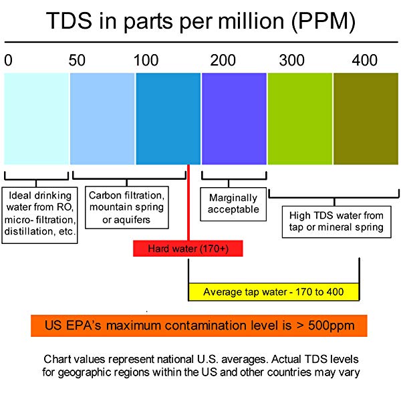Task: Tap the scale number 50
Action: [x=77, y=60]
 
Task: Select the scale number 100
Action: [x=146, y=60]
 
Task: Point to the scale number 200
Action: [x=223, y=60]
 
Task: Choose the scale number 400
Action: [x=365, y=60]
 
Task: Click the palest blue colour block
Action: [x=37, y=118]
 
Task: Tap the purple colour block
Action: [x=234, y=118]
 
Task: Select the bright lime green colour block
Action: [x=299, y=118]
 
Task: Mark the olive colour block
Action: [x=365, y=118]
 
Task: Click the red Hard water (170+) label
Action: [x=187, y=249]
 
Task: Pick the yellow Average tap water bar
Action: [x=274, y=291]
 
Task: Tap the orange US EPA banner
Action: [x=200, y=325]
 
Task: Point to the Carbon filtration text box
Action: [x=127, y=206]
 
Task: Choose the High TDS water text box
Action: [x=336, y=221]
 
